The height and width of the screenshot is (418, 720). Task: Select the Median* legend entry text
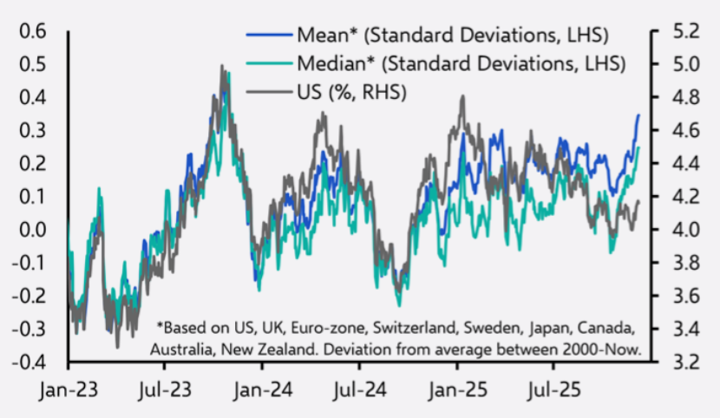click(461, 63)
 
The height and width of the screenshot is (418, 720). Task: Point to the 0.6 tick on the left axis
click(31, 32)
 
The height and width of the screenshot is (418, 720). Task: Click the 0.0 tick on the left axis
click(31, 230)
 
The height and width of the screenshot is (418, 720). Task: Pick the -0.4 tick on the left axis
click(28, 362)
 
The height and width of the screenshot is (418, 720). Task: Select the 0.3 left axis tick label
click(31, 131)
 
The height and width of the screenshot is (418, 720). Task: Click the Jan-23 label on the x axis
click(66, 389)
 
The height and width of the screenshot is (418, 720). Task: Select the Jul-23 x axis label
click(166, 389)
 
